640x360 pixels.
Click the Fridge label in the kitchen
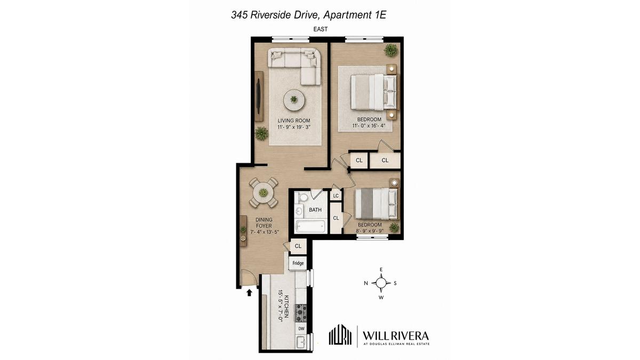pyautogui.click(x=298, y=263)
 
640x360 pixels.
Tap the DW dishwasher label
pyautogui.click(x=301, y=329)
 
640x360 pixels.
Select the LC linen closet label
pyautogui.click(x=335, y=196)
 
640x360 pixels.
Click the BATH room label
pyautogui.click(x=315, y=210)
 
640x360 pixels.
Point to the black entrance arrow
pyautogui.click(x=249, y=293)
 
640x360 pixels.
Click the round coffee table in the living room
pyautogui.click(x=294, y=100)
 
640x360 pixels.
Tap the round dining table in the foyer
pyautogui.click(x=263, y=193)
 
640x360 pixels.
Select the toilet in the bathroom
pyautogui.click(x=301, y=197)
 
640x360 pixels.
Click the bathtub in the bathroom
pyautogui.click(x=310, y=227)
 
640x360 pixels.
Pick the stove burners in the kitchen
pyautogui.click(x=301, y=314)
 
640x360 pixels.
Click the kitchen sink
pyautogui.click(x=301, y=342)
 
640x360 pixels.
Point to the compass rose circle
pyautogui.click(x=381, y=283)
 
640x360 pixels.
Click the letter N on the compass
pyautogui.click(x=366, y=283)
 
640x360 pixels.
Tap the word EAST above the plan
pyautogui.click(x=321, y=29)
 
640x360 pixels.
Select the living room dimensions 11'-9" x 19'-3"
pyautogui.click(x=294, y=127)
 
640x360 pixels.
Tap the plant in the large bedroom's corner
pyautogui.click(x=391, y=50)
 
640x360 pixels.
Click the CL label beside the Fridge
pyautogui.click(x=298, y=246)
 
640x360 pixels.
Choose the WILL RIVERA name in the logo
pyautogui.click(x=396, y=335)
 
